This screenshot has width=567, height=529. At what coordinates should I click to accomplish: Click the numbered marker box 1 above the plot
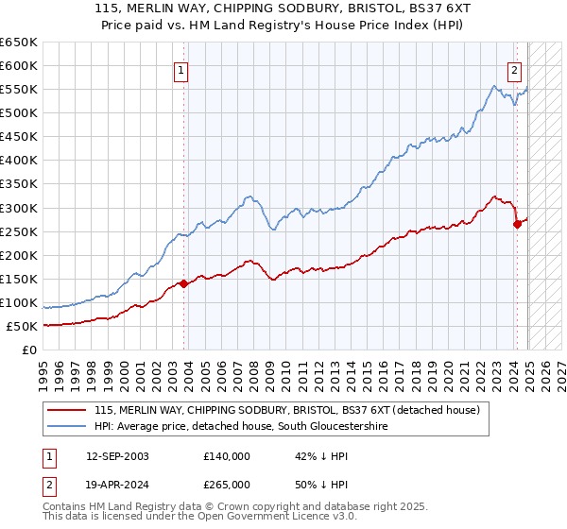coord(180,69)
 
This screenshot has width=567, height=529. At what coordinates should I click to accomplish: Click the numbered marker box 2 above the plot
coord(515,69)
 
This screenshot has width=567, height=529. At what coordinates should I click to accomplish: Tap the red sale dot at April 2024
coord(517,224)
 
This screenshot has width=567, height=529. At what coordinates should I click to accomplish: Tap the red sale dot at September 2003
coord(183,283)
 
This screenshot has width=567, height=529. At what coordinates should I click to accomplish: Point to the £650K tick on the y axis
coord(20,43)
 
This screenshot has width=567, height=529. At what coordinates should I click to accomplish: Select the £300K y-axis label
coord(20,208)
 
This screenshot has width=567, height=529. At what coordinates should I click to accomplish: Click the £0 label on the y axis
coord(29,350)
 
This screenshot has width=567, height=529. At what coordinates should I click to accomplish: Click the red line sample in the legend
coord(67,410)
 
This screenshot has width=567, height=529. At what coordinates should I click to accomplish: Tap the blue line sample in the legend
coord(67,426)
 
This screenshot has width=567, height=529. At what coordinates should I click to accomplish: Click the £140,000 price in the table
coord(227,455)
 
